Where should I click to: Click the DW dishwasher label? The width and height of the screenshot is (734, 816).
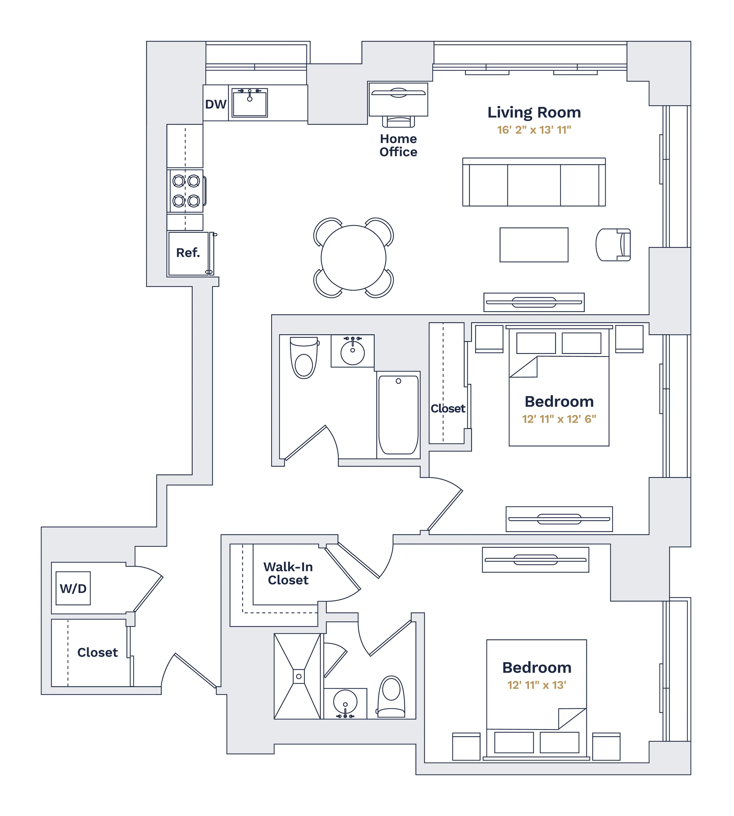pos(215,104)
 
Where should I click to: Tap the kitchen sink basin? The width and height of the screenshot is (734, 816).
pos(249,103)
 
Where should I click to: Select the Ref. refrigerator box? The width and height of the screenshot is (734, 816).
pos(188,254)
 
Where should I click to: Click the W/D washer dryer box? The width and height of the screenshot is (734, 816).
pos(73,588)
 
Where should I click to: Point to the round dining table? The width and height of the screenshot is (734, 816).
pos(353,258)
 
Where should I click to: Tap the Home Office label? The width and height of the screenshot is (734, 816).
pos(398,145)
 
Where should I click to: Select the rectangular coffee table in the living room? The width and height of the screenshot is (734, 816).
pos(534,245)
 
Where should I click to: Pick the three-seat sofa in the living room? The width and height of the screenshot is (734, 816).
pos(534,182)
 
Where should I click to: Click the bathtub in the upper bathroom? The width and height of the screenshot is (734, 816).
pos(398,415)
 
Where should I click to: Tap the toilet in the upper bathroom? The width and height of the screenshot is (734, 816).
pos(304,358)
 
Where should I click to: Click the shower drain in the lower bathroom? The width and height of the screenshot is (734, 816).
pos(298,676)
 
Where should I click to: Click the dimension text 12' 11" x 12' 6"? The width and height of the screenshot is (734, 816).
pos(559,419)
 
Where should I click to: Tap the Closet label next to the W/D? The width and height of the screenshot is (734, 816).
pos(97,653)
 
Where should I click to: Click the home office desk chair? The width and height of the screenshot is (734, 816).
pos(398,121)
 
